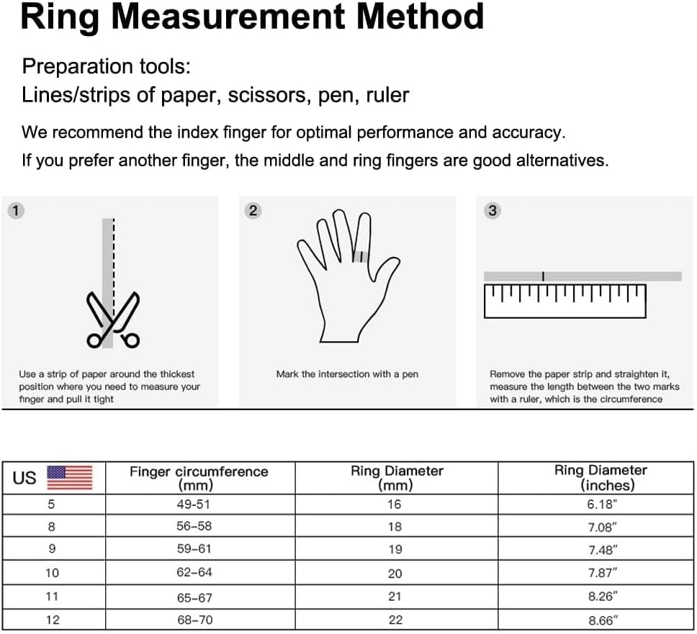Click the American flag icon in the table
coord(70,478)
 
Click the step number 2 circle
coord(252,211)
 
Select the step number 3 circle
coord(493,211)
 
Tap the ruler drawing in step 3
coord(565,301)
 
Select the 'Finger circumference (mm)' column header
coord(198,478)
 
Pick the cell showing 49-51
coord(194,504)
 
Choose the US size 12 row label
coord(52,620)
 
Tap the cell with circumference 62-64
coord(194,573)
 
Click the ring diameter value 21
coord(394,597)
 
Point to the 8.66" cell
coord(602,620)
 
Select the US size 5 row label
coord(52,504)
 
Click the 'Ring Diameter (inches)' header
coord(601,478)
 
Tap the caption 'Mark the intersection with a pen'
coord(347,374)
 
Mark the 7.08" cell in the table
coord(602,527)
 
